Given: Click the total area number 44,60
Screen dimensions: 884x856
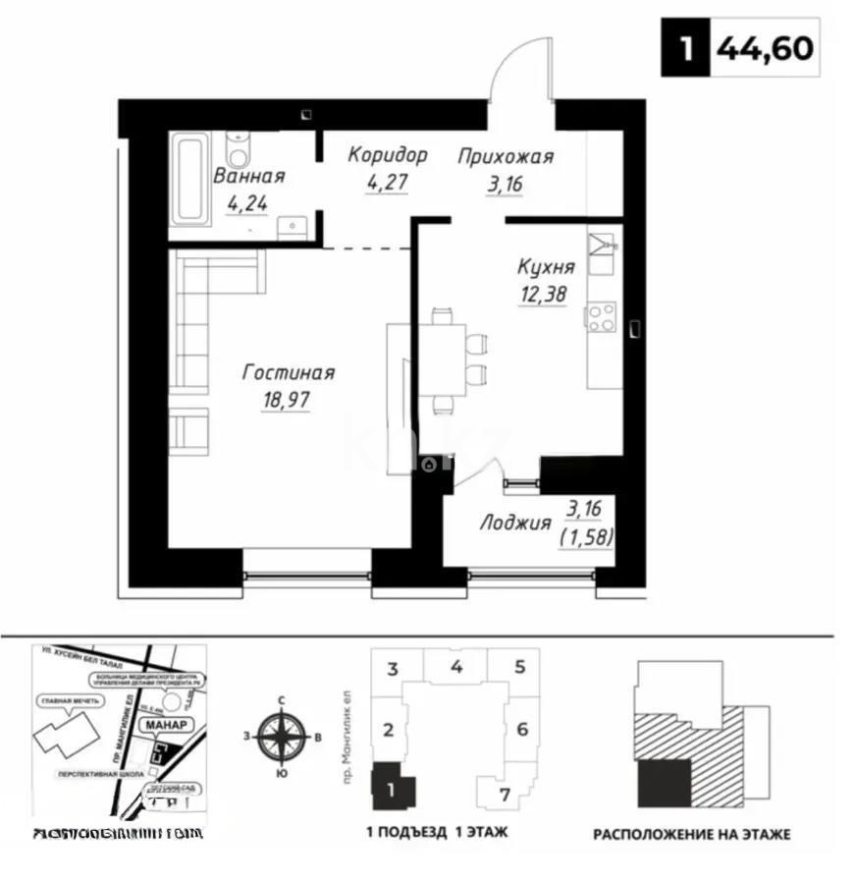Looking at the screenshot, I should (766, 48).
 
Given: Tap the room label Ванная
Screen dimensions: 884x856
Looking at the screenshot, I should (249, 177).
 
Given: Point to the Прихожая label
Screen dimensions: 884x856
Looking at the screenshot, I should (506, 156).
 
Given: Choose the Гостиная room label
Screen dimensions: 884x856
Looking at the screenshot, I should (289, 373).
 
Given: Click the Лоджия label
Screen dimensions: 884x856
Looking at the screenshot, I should (514, 523).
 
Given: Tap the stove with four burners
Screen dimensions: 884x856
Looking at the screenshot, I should (601, 316).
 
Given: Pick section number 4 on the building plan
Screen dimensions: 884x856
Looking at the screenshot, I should (456, 667).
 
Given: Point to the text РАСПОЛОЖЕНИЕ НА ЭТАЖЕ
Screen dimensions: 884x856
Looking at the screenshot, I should (691, 835).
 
